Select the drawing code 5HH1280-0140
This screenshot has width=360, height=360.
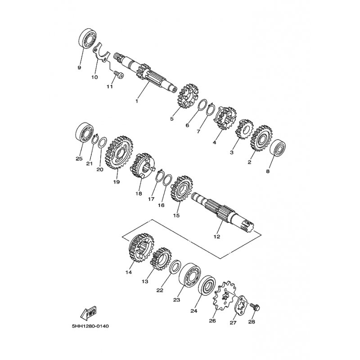pos(90,326)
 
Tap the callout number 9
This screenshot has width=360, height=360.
pos(79,68)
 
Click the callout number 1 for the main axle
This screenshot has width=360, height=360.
pos(137,101)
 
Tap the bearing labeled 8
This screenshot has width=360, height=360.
pos(278,150)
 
